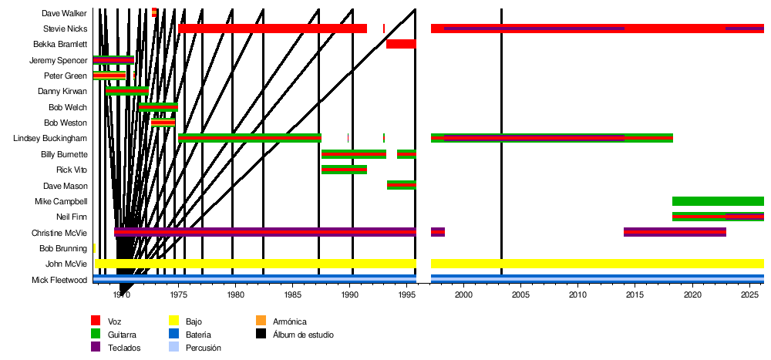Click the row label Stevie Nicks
(65, 29)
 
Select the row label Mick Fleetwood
(59, 280)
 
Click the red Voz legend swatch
(96, 321)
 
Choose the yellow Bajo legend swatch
(173, 321)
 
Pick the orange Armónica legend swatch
(261, 321)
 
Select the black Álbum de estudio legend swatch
(261, 335)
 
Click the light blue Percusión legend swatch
(173, 348)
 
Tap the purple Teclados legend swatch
(96, 348)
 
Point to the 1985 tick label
(292, 294)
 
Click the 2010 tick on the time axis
(577, 294)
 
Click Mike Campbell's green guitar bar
(718, 201)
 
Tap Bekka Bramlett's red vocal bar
(401, 44)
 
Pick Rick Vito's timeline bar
(344, 170)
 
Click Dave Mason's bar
(401, 185)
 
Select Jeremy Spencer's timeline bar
(113, 60)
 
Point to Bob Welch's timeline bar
(158, 107)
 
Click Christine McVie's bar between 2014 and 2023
(675, 232)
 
